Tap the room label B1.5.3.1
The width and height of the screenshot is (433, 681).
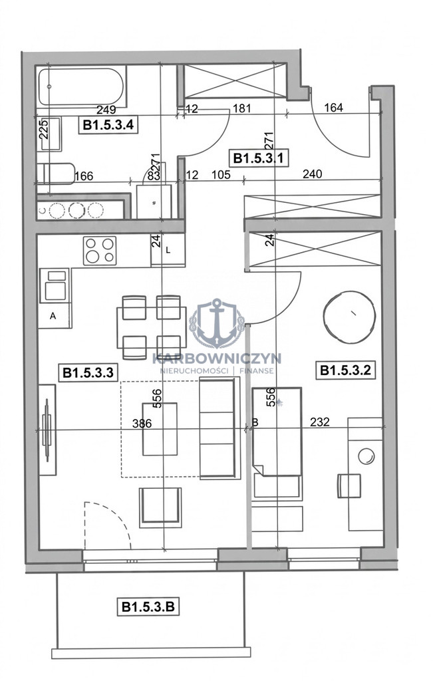(x=259, y=158)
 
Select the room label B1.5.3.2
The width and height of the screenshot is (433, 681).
(x=345, y=370)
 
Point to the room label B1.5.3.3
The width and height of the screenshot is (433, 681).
(x=88, y=372)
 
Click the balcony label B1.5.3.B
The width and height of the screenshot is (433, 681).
(x=148, y=607)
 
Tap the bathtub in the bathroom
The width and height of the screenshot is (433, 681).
(x=81, y=87)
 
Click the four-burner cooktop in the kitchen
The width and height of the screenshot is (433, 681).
(x=100, y=250)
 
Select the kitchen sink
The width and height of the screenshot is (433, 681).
(x=55, y=285)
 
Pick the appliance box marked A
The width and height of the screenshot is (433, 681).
(x=55, y=316)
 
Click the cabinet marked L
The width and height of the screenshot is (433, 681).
(x=168, y=250)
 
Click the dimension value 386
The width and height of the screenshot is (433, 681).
(x=142, y=423)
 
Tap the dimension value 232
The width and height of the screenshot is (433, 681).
(x=320, y=422)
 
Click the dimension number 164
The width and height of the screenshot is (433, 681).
(x=333, y=107)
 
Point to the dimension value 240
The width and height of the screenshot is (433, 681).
(x=312, y=174)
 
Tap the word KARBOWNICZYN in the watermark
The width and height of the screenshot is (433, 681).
(x=217, y=358)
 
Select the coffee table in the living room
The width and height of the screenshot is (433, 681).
(x=160, y=429)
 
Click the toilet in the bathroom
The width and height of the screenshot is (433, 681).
(x=56, y=174)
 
